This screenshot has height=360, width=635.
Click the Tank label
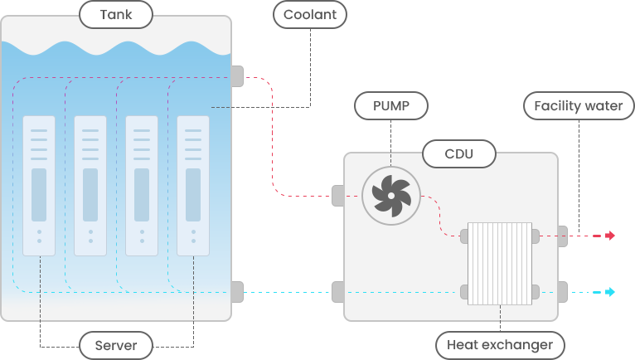pyautogui.click(x=115, y=14)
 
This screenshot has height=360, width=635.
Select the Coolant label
pyautogui.click(x=309, y=14)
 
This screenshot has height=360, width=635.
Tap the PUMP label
pyautogui.click(x=392, y=105)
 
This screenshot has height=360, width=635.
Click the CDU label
pyautogui.click(x=459, y=153)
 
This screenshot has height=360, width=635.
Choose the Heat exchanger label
pyautogui.click(x=500, y=344)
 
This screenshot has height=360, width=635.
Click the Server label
pyautogui.click(x=116, y=344)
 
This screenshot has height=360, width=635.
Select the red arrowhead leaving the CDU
pyautogui.click(x=610, y=236)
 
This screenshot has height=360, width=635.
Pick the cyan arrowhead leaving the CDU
pyautogui.click(x=610, y=292)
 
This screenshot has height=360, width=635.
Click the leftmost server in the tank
pyautogui.click(x=39, y=185)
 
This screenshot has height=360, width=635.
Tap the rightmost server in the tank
pyautogui.click(x=193, y=185)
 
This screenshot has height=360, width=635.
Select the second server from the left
pyautogui.click(x=90, y=185)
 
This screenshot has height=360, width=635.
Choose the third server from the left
pyautogui.click(x=142, y=185)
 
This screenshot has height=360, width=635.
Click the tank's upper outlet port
pyautogui.click(x=237, y=76)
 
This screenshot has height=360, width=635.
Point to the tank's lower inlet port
pyautogui.click(x=237, y=292)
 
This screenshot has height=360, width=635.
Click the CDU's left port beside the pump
pyautogui.click(x=337, y=196)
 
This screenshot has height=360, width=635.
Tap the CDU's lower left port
pyautogui.click(x=337, y=292)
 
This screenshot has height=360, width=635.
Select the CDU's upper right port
pyautogui.click(x=563, y=236)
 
